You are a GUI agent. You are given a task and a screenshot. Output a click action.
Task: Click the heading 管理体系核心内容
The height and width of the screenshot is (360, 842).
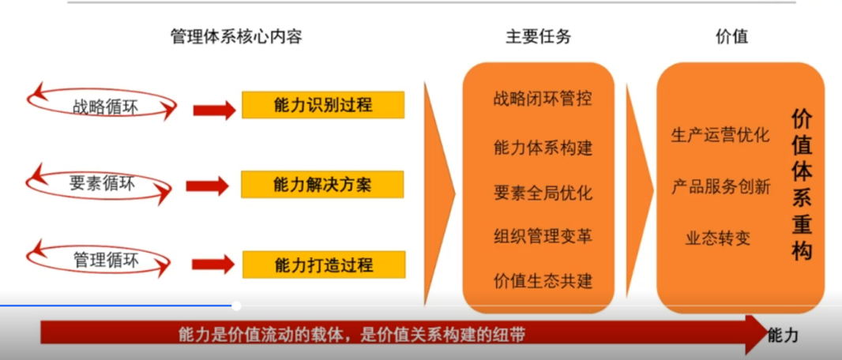coord(236,36)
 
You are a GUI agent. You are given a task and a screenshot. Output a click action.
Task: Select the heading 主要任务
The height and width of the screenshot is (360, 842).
coord(538,36)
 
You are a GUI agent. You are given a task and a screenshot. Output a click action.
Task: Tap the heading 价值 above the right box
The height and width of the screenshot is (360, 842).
coord(731,36)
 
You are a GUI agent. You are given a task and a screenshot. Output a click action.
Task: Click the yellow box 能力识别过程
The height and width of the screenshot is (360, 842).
coord(323,105)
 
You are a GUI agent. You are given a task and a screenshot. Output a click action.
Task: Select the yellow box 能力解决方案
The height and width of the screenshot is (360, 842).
coord(322,185)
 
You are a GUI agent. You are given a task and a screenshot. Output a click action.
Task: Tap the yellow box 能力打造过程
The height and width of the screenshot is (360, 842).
coord(324,264)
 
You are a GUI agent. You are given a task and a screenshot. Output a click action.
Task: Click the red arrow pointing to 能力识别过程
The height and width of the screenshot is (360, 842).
coord(214,110)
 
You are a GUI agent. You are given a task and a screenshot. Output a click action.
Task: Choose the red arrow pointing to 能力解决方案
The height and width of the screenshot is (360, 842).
coord(207,186)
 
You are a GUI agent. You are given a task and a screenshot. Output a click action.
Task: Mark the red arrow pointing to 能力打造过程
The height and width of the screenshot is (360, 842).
coord(213,264)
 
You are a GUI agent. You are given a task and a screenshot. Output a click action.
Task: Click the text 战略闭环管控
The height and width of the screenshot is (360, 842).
coord(543,99)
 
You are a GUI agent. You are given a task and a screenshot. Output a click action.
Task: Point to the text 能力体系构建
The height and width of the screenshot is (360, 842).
coord(543,148)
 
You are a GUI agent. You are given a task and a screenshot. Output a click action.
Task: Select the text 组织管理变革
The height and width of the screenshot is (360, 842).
coord(543,236)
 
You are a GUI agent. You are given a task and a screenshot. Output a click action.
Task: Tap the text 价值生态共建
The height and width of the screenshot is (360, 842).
coord(543,280)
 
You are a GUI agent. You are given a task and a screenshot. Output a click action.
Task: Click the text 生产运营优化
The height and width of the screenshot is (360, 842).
coord(720,135)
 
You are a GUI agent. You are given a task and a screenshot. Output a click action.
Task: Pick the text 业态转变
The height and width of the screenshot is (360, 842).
coord(717,238)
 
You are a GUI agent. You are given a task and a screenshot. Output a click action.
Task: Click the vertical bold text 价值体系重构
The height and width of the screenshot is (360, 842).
coord(801,185)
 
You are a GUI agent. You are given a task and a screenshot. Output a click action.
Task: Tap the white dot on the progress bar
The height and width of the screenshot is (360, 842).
coord(236,306)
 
